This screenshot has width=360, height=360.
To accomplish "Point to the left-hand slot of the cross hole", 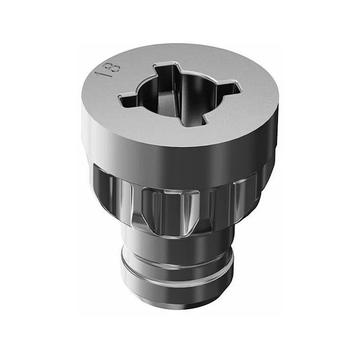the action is coord(129,99).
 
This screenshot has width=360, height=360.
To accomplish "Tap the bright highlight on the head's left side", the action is coord(86,129).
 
